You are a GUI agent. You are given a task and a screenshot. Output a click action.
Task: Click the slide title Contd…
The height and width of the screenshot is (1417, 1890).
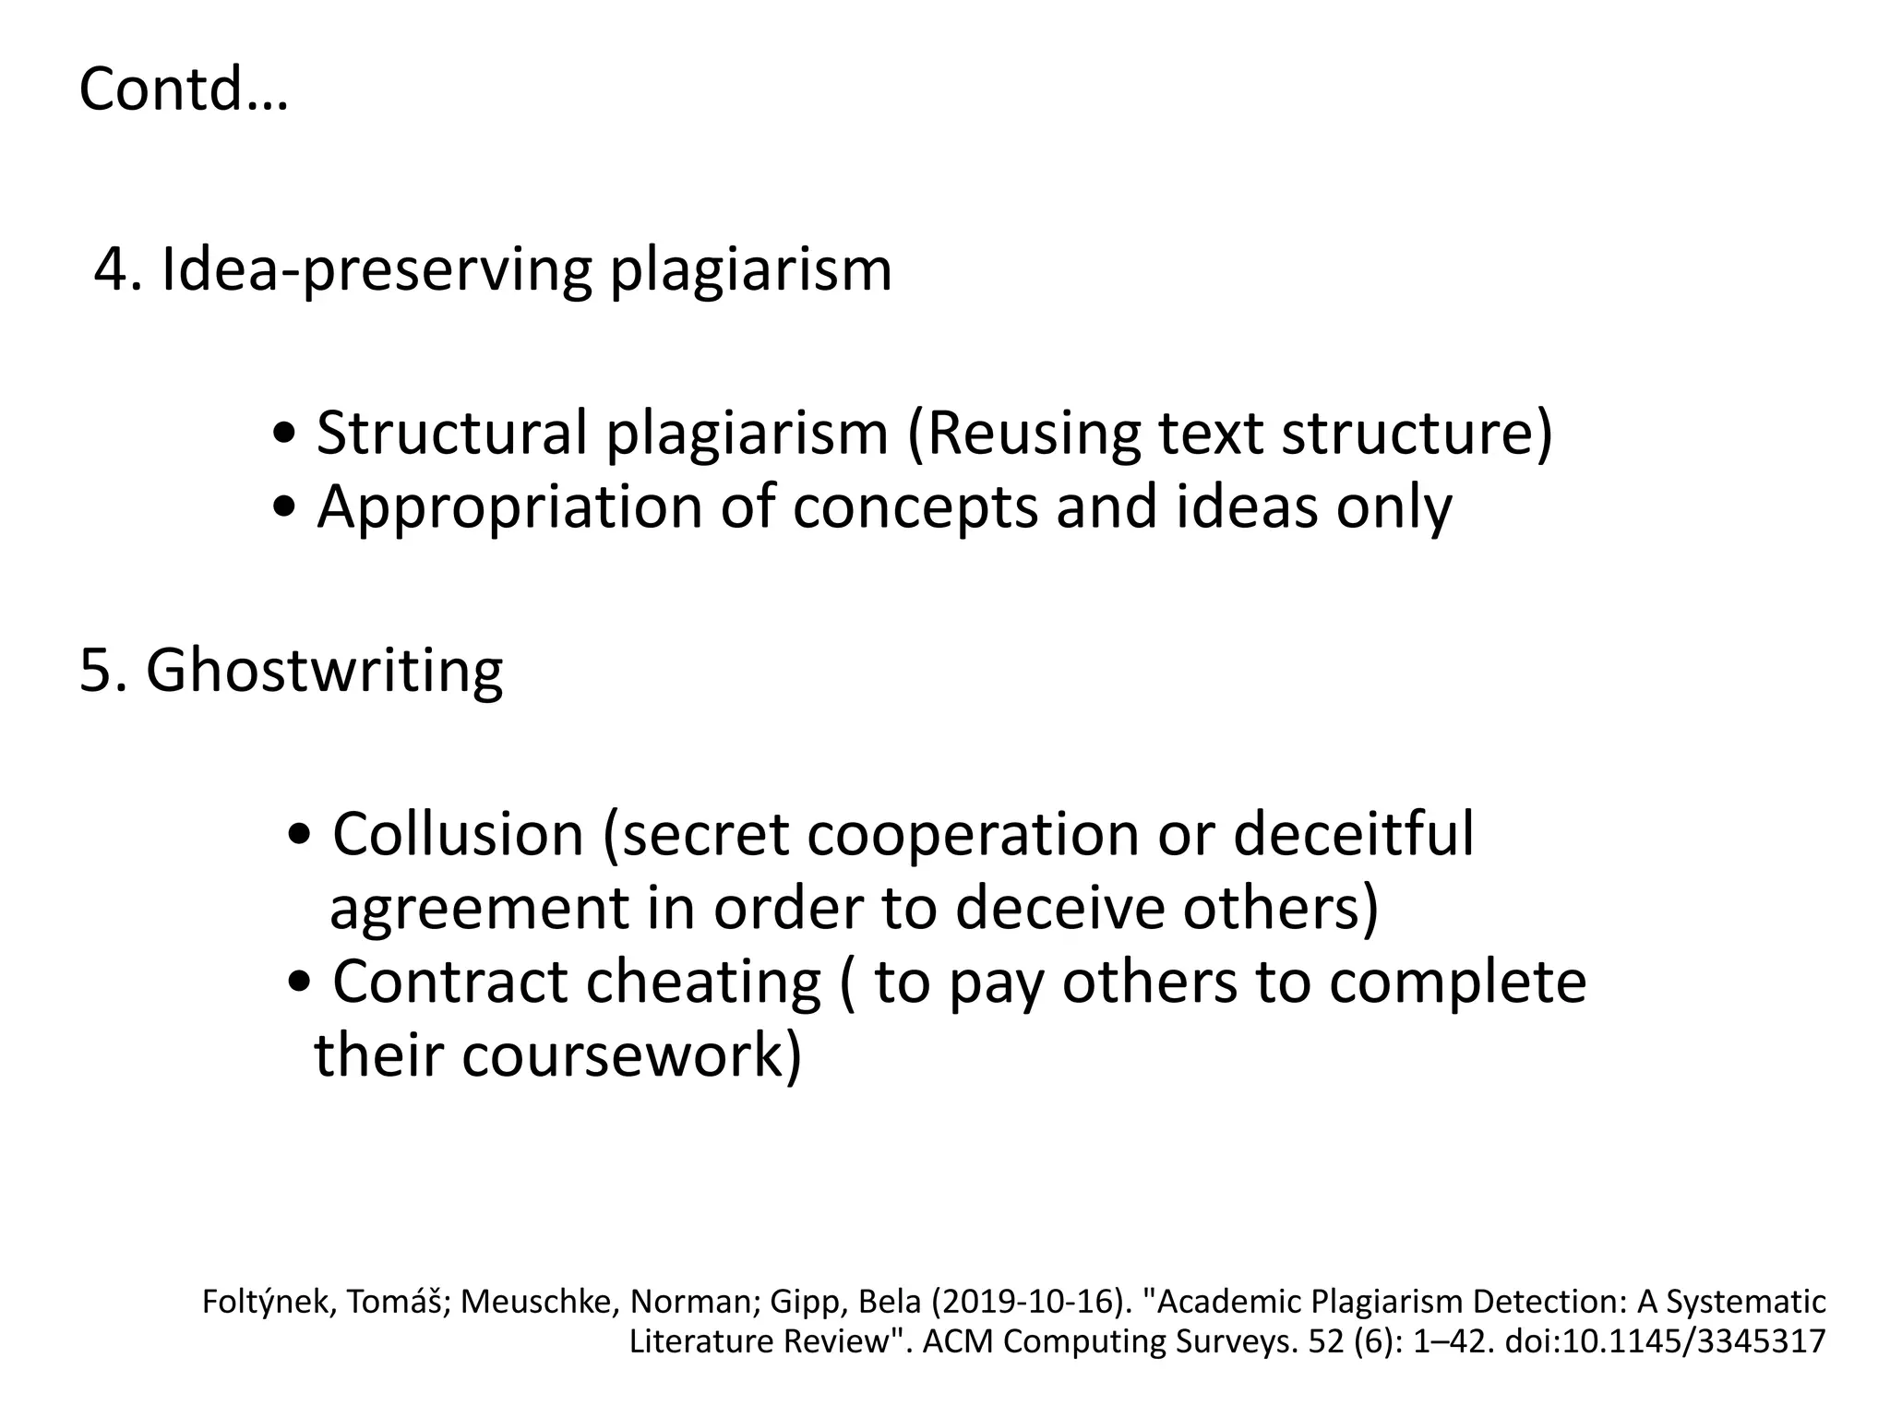(184, 90)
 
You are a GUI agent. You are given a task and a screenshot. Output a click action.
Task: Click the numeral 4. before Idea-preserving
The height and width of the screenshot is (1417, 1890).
(118, 270)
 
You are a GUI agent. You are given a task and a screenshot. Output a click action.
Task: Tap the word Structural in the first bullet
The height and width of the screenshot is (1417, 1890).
(451, 433)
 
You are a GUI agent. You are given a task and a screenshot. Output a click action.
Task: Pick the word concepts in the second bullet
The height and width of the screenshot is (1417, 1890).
(915, 508)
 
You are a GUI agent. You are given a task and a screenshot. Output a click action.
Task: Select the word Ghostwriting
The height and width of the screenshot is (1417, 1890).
(324, 671)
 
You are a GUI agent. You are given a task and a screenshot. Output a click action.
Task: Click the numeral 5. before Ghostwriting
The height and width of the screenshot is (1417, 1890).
(102, 671)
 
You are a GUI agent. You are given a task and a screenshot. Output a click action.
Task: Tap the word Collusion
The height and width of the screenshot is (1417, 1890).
(458, 835)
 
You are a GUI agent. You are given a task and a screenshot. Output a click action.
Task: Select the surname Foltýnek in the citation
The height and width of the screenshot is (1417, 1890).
(263, 1303)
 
